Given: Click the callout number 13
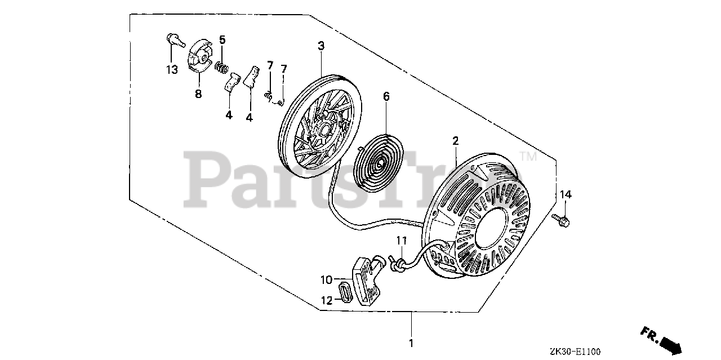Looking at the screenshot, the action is point(171,70).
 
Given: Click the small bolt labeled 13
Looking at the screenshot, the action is point(175,41).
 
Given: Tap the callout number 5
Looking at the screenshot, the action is point(222,39).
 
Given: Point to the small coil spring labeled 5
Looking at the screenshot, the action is point(223,69).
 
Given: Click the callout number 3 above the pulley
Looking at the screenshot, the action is point(321,46).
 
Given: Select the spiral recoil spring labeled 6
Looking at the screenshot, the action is point(377,162).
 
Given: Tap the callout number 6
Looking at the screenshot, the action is point(386,97).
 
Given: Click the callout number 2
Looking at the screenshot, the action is point(455,140).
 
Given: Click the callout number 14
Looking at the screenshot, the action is point(566,194).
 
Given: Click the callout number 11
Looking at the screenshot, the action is point(400,241).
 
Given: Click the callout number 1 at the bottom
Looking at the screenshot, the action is point(411,343).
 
